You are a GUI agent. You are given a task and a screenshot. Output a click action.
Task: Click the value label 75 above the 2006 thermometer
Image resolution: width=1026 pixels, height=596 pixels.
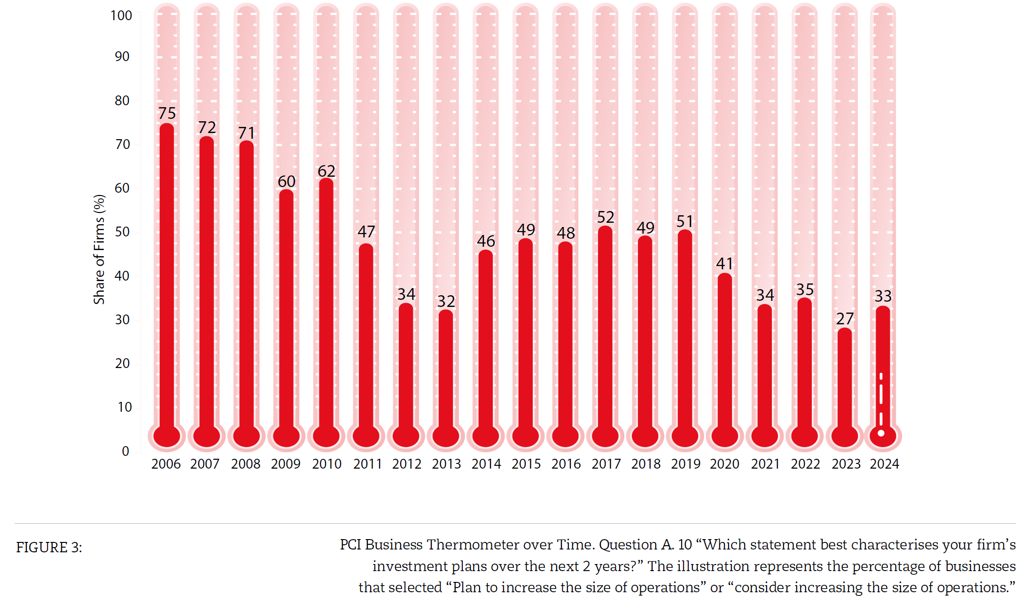167,113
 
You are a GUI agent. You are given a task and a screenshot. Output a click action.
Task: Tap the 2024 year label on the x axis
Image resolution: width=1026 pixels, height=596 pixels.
884,464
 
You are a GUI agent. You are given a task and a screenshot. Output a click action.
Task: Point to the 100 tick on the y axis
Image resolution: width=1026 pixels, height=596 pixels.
121,16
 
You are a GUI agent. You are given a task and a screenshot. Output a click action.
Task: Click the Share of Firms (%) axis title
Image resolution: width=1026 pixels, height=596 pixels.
99,249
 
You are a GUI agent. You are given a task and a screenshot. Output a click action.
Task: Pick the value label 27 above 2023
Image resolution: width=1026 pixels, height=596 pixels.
845,319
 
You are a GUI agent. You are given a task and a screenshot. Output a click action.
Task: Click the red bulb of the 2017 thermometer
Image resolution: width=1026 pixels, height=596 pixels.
605,436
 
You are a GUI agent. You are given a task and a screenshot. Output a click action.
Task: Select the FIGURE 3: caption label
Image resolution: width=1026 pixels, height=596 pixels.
49,548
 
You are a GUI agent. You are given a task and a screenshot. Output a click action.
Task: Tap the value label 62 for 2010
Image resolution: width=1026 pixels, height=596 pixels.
326,171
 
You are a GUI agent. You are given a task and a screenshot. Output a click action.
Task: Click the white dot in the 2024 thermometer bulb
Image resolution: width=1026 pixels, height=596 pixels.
881,433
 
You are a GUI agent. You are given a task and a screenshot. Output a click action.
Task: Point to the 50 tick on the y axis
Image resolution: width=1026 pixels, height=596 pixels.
122,232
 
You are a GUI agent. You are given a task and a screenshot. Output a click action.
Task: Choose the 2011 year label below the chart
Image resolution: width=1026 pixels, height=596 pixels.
367,464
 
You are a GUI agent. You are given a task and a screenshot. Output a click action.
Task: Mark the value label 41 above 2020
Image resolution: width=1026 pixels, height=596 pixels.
724,264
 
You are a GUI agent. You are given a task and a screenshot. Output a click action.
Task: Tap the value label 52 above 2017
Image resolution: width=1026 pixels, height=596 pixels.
606,217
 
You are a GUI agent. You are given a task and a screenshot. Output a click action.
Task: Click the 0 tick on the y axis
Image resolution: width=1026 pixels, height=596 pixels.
125,451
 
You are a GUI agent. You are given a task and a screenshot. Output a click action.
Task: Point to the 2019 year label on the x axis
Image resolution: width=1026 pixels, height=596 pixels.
685,464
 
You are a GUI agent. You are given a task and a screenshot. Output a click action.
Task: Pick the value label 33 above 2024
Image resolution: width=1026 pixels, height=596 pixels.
883,296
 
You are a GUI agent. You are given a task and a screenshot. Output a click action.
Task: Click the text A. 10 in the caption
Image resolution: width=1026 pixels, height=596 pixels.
677,544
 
